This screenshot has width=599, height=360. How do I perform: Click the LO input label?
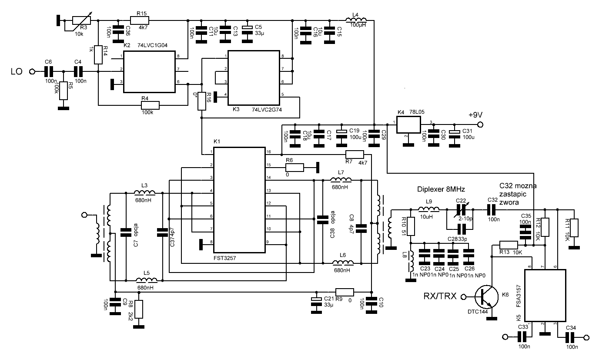16,71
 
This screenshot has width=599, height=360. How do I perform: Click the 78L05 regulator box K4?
408,125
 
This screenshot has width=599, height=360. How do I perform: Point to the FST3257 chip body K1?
239,200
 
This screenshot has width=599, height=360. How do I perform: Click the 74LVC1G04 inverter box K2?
150,72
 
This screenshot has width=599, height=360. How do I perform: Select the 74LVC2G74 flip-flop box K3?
254,77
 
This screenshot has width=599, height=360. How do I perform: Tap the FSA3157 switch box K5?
545,295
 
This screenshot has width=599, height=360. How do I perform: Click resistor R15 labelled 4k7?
140,20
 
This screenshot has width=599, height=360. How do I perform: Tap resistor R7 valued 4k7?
355,154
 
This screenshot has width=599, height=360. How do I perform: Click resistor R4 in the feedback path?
150,105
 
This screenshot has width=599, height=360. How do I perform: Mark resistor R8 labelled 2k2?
139,309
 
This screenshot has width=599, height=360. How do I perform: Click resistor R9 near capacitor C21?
345,292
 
